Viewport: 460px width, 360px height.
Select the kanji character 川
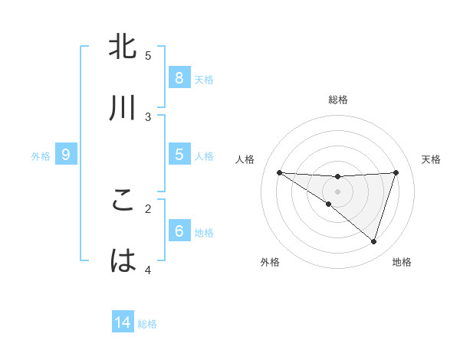click(123, 109)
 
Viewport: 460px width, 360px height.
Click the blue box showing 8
click(179, 78)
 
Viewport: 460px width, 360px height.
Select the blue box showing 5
click(179, 155)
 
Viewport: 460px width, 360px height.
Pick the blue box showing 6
click(179, 231)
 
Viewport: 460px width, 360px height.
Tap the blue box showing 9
click(66, 155)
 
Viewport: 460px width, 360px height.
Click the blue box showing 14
click(123, 323)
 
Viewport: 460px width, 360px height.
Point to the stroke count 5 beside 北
click(148, 55)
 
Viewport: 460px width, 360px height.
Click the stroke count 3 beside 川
click(148, 116)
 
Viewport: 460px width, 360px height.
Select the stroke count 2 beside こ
click(148, 208)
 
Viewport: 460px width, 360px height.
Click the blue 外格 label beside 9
click(41, 155)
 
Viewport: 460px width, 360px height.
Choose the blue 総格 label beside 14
click(147, 324)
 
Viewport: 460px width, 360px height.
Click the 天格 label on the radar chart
click(432, 159)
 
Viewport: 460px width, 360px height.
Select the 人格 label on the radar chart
click(246, 159)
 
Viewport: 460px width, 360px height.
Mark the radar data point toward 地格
click(373, 242)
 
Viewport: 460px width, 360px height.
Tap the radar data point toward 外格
click(328, 205)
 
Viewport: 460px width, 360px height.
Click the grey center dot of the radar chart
click(337, 191)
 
